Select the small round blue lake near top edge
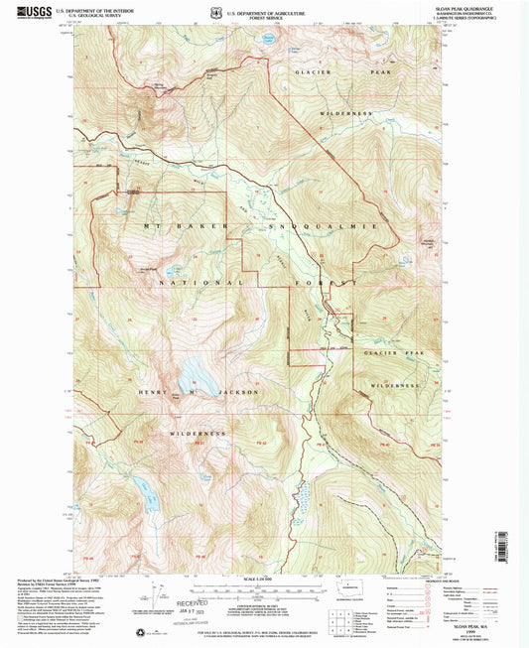[268, 40]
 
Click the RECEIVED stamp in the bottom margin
[193, 601]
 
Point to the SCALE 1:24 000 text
[264, 580]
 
